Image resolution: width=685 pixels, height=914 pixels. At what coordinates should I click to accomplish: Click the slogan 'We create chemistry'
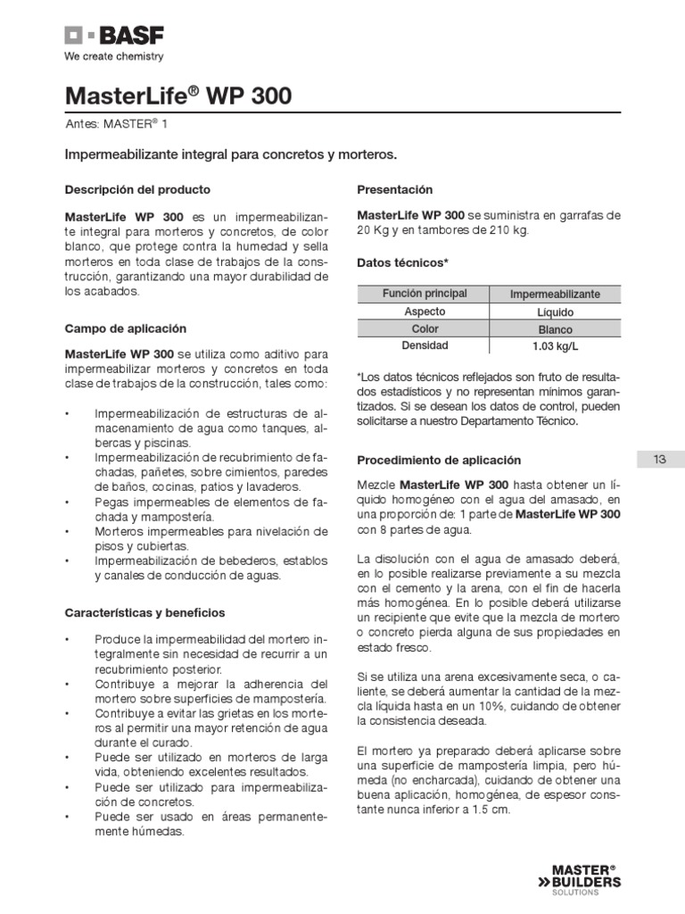[x=113, y=57]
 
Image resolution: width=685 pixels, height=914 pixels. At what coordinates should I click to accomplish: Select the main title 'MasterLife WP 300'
[x=178, y=96]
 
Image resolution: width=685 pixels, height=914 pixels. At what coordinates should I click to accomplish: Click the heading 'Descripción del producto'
[x=138, y=190]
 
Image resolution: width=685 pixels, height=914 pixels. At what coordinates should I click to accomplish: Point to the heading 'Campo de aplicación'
[x=126, y=328]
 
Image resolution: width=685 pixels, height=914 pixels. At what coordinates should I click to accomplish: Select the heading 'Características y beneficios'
[x=145, y=612]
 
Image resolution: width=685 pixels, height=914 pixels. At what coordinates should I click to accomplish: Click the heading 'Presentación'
[x=394, y=190]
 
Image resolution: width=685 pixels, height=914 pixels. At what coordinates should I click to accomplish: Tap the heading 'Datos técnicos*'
[x=402, y=263]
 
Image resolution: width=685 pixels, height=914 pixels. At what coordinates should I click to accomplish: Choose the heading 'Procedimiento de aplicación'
[x=439, y=460]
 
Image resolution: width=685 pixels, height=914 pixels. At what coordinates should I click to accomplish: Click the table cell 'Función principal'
[x=424, y=294]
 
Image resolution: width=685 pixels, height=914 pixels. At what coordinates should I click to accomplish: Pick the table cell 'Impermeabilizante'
[x=555, y=295]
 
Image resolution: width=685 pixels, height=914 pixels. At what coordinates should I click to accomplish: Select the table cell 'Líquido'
[x=555, y=312]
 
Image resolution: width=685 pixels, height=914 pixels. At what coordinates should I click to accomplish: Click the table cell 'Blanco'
[x=555, y=329]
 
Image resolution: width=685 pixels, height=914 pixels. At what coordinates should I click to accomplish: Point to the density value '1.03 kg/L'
[x=555, y=346]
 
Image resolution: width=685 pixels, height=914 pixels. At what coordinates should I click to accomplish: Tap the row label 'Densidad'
[x=424, y=345]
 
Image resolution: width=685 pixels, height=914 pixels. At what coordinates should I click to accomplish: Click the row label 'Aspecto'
[x=424, y=312]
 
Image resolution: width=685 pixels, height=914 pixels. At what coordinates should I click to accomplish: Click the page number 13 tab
[x=660, y=460]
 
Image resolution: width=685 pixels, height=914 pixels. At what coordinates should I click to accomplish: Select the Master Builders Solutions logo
[x=586, y=878]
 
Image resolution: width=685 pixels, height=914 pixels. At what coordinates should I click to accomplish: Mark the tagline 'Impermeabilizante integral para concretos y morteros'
[x=231, y=155]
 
